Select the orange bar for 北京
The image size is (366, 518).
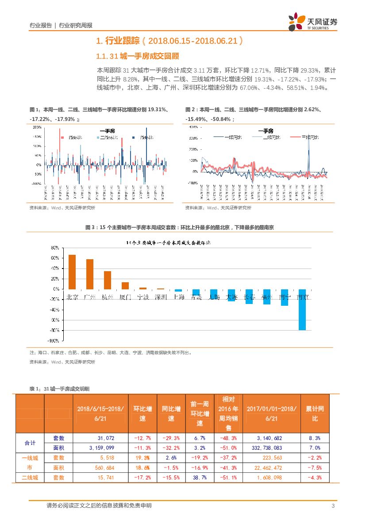72,272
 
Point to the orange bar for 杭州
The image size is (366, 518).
108,280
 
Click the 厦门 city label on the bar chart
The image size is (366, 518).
125,297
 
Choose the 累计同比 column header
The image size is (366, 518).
315,413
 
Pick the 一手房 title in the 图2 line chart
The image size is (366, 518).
265,131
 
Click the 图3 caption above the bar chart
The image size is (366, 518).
180,227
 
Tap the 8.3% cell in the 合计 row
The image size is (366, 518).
315,438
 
